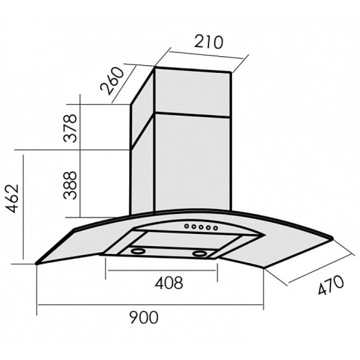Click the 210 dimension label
[x=208, y=42]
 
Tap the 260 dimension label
[x=112, y=81]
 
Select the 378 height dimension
[x=70, y=128]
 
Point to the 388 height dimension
[x=70, y=185]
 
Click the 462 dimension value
[x=12, y=198]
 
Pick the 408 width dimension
[x=169, y=283]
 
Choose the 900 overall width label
[x=144, y=317]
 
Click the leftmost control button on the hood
[x=187, y=226]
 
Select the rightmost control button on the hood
[x=216, y=228]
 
